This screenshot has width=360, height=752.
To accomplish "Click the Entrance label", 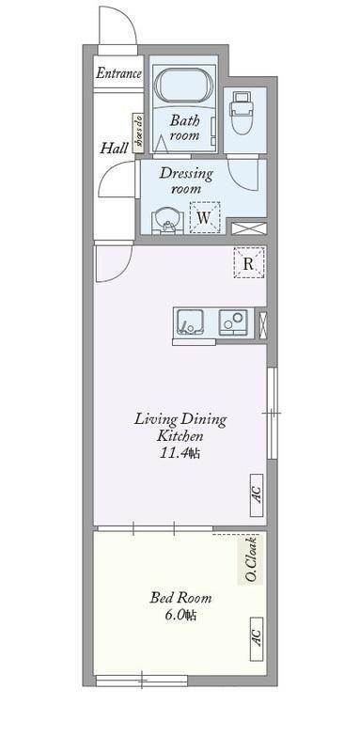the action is (118, 73).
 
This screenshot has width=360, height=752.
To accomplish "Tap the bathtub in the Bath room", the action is (184, 86).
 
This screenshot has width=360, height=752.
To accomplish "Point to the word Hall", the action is (114, 148).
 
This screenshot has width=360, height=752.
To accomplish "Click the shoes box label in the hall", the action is (138, 133).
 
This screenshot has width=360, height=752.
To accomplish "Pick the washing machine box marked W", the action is (205, 217).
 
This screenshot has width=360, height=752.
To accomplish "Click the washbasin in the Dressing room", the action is (167, 223).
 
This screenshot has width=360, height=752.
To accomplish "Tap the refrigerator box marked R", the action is (249, 262).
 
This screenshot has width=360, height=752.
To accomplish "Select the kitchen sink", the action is (189, 322).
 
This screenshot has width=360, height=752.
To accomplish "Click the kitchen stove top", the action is (233, 322).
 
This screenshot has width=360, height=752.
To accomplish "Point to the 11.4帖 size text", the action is (180, 453).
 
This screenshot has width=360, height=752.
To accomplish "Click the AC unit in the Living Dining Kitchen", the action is (257, 494).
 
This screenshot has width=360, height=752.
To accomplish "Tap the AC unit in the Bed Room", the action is (257, 638).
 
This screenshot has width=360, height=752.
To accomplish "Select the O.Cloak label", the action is (250, 559).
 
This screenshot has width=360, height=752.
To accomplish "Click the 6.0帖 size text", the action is (180, 615).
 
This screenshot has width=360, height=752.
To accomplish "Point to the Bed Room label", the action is (180, 598).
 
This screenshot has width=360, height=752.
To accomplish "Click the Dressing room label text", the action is (186, 180).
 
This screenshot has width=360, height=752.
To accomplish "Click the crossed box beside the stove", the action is (262, 324).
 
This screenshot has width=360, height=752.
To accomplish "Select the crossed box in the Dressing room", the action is (248, 227).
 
